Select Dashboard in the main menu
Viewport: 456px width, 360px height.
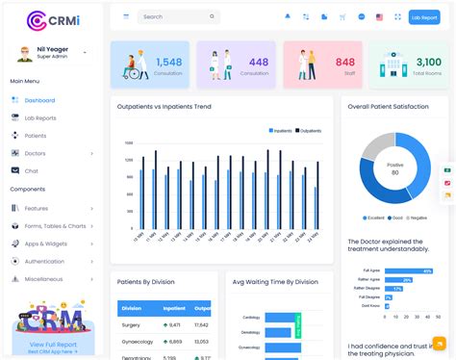tap(39, 100)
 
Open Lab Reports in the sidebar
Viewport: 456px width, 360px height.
tap(40, 117)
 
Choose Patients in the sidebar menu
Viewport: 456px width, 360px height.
tap(36, 136)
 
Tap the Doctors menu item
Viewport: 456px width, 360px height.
tap(35, 153)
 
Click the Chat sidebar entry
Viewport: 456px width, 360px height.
tap(31, 170)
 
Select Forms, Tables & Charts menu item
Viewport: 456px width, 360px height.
tap(55, 226)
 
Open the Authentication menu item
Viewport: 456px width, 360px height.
tap(44, 261)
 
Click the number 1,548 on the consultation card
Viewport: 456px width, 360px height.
tap(169, 62)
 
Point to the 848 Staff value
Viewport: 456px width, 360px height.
tap(344, 62)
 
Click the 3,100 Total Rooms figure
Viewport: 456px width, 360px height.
tap(428, 62)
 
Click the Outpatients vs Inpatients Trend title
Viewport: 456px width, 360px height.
tap(164, 106)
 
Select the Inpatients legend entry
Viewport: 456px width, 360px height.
tap(280, 130)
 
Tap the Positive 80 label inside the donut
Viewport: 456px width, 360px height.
tap(394, 167)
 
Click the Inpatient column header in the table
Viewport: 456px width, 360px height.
tap(174, 308)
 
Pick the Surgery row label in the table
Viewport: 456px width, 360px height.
tap(131, 325)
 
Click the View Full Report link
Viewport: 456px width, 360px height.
tap(52, 344)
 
